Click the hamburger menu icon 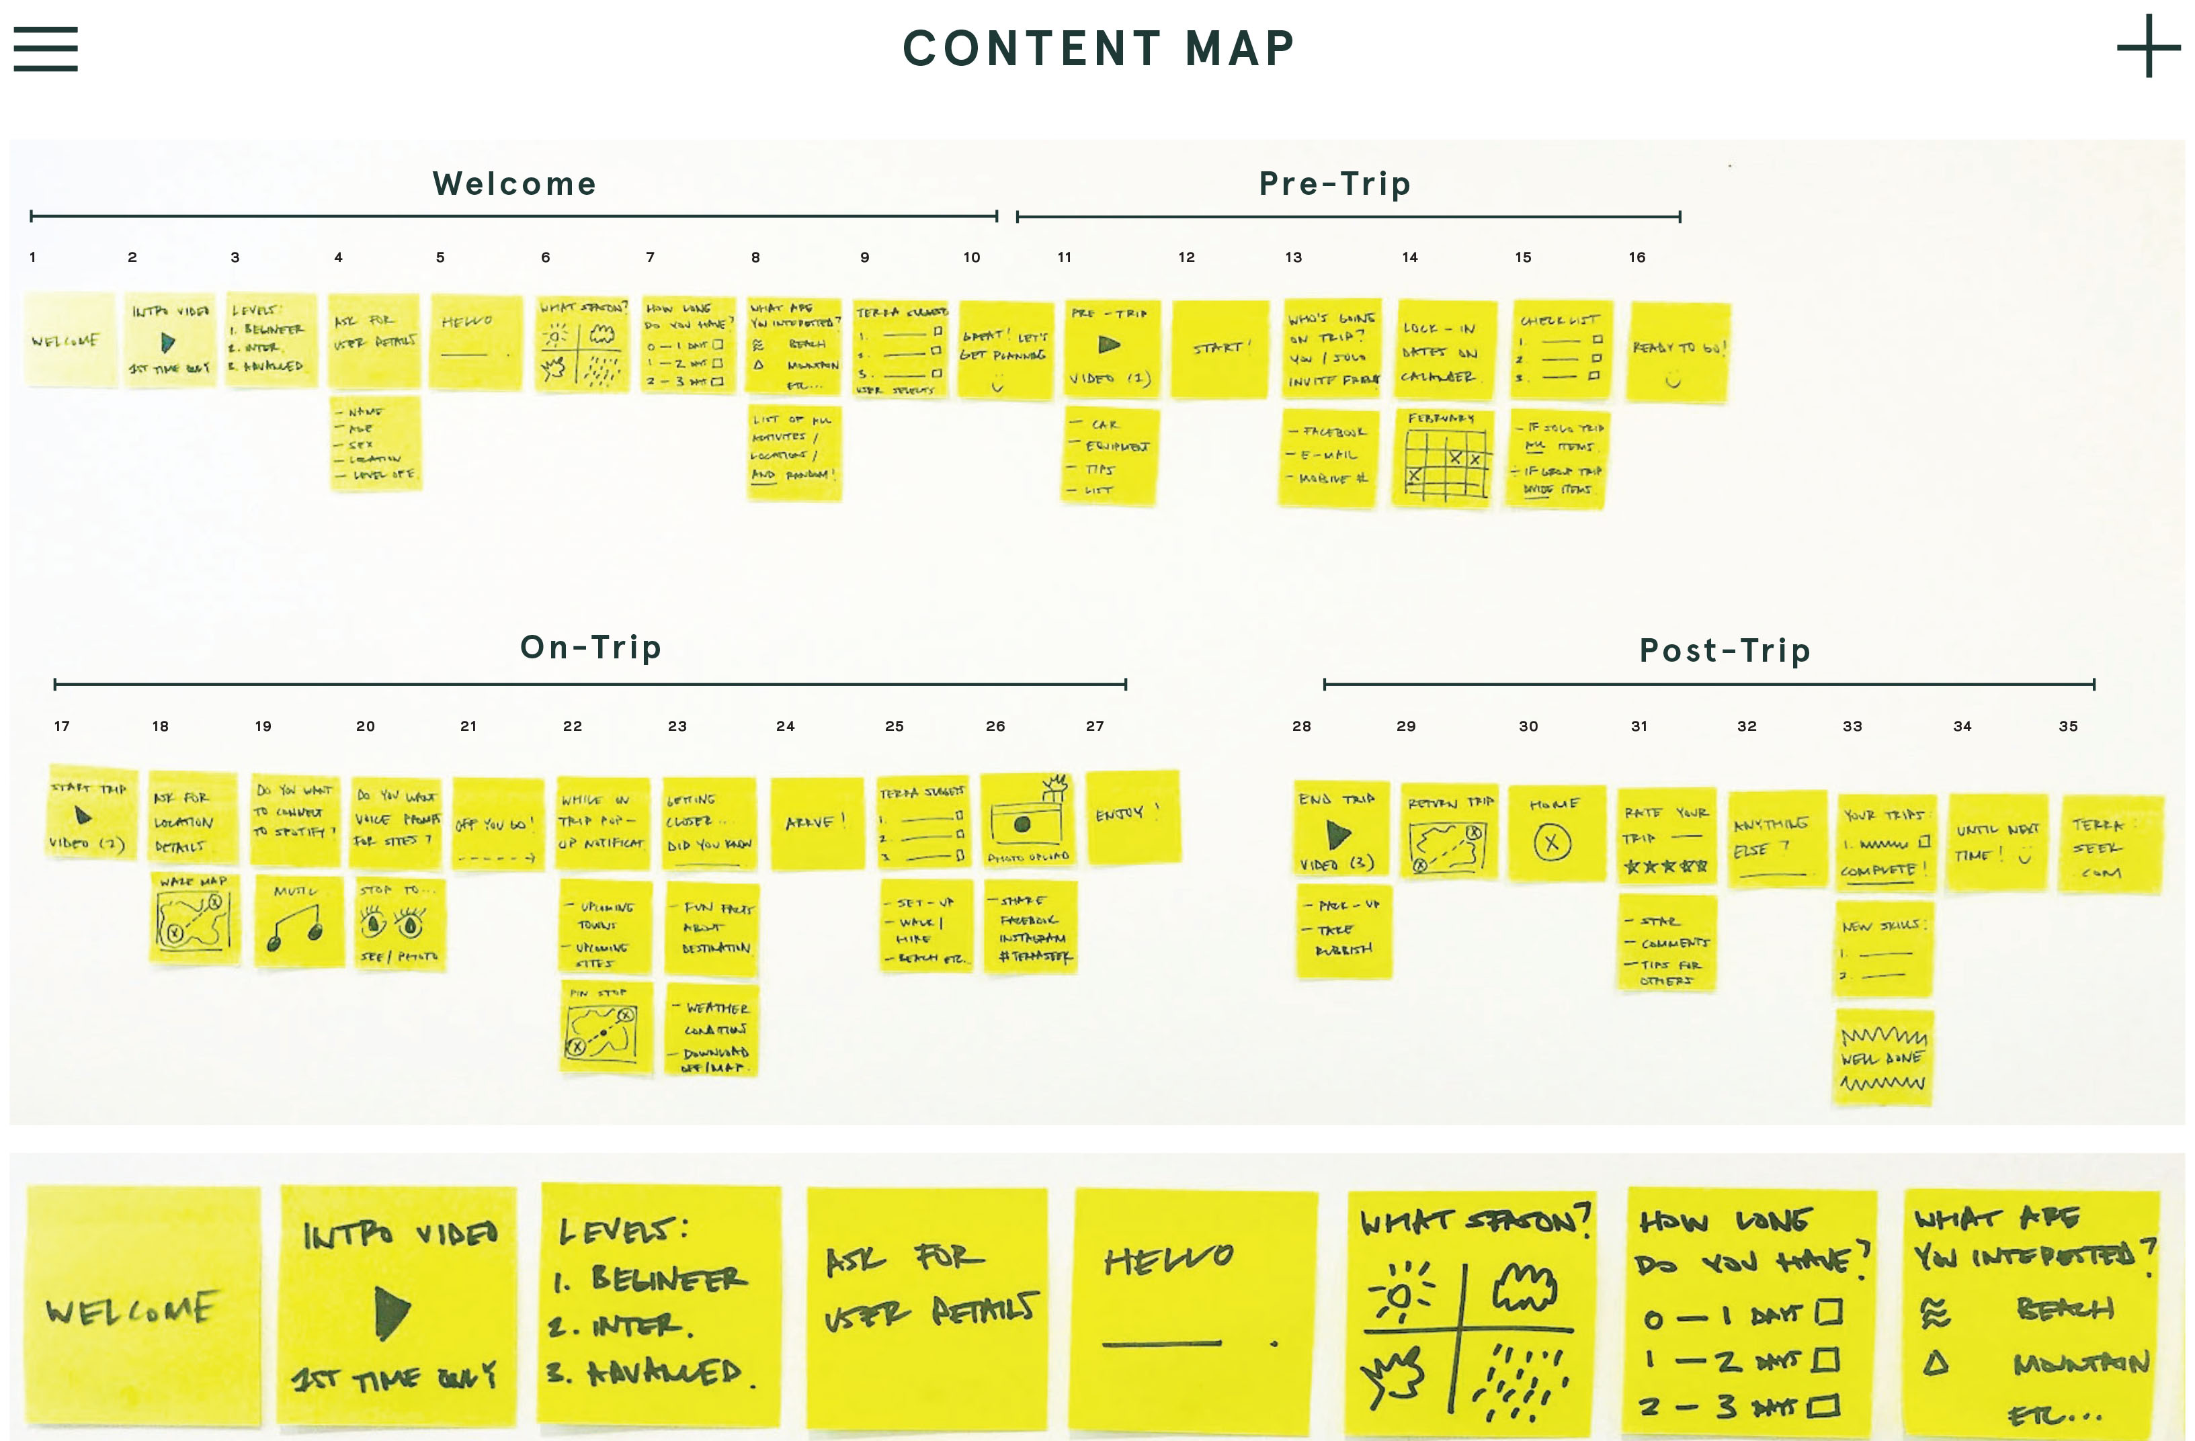coord(45,48)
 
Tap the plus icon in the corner coord(2147,46)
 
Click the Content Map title coord(1097,48)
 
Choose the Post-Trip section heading coord(1724,651)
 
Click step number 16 coord(1636,257)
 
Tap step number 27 coord(1094,726)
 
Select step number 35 coord(2068,726)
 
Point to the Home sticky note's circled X coord(1552,842)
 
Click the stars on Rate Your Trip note coord(1665,867)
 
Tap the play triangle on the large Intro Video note coord(393,1312)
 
